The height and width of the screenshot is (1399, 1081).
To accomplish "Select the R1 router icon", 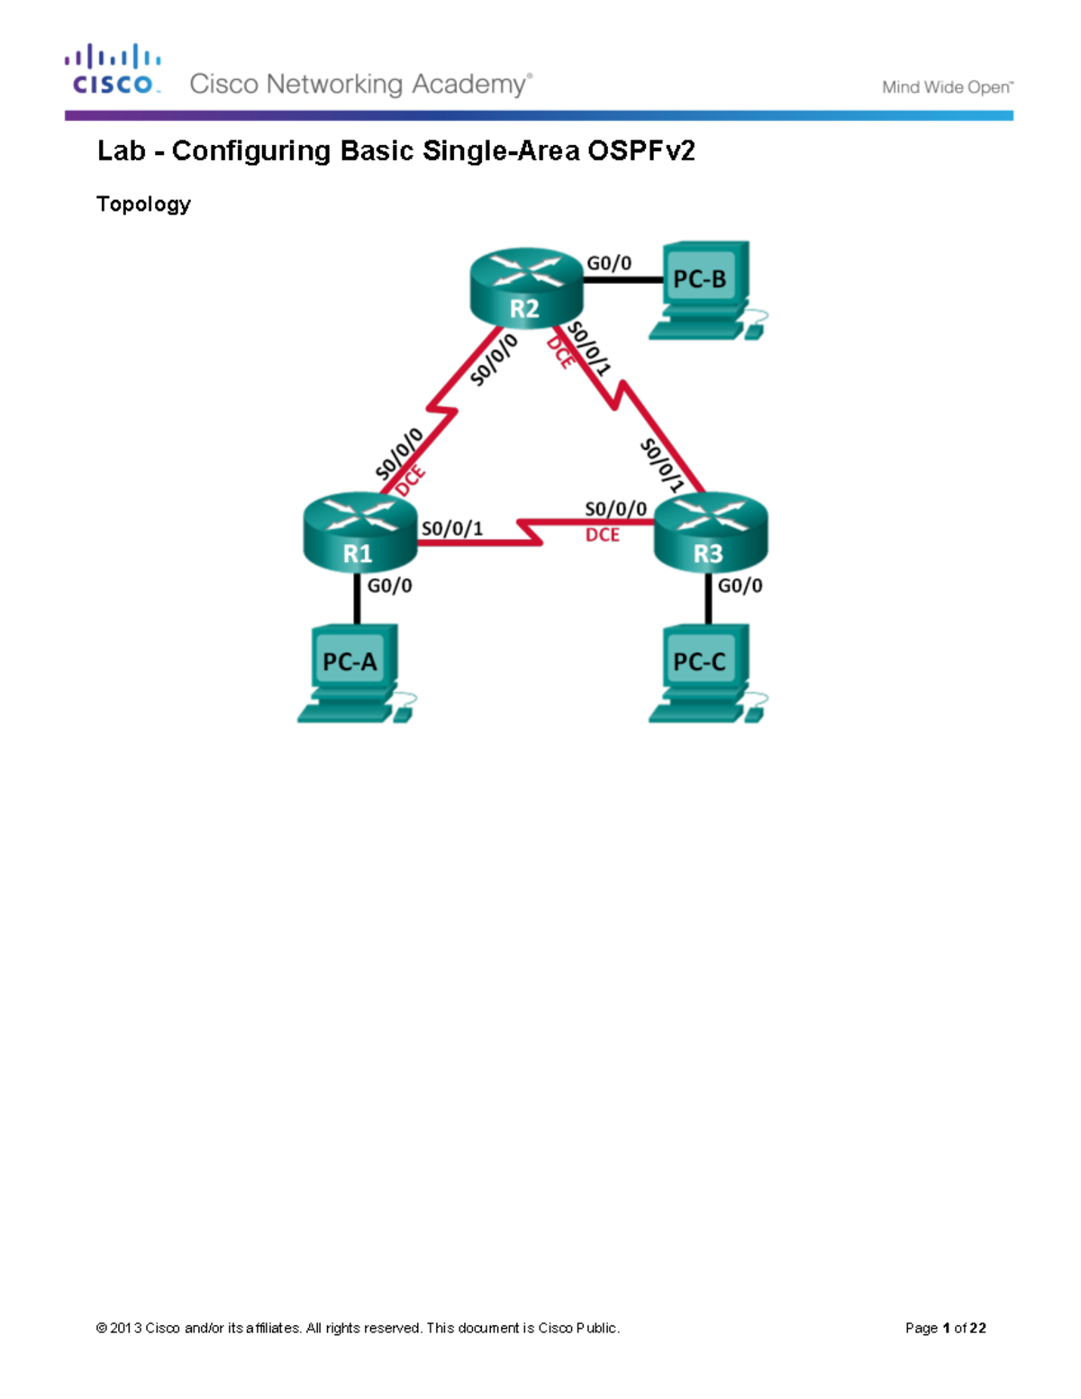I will click(x=359, y=531).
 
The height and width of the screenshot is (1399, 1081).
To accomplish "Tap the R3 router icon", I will click(x=710, y=531).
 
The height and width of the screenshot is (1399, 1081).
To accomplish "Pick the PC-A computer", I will click(x=353, y=671).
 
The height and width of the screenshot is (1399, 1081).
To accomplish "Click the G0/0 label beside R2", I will click(x=609, y=263).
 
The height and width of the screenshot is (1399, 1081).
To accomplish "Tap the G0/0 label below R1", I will click(x=390, y=586).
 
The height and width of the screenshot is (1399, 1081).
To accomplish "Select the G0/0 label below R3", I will click(x=740, y=586).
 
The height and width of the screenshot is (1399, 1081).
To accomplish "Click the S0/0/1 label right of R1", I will click(x=452, y=528).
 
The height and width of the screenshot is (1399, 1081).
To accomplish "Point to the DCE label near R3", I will click(x=603, y=535).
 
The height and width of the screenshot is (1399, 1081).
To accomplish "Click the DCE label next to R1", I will click(x=411, y=481).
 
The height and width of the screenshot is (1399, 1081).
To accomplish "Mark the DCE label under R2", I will click(x=560, y=351).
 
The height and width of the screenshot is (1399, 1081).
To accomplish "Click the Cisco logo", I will click(x=113, y=69).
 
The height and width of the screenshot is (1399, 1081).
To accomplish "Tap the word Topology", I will click(x=143, y=204).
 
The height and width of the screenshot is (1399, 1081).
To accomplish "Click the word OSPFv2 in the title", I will click(x=641, y=150).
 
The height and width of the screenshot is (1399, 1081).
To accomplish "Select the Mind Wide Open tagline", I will click(x=947, y=87).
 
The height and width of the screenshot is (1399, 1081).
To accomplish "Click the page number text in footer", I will click(x=945, y=1328).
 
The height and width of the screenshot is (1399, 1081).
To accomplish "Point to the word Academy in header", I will click(x=469, y=85).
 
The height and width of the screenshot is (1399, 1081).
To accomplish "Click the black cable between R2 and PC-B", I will click(x=622, y=280).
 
